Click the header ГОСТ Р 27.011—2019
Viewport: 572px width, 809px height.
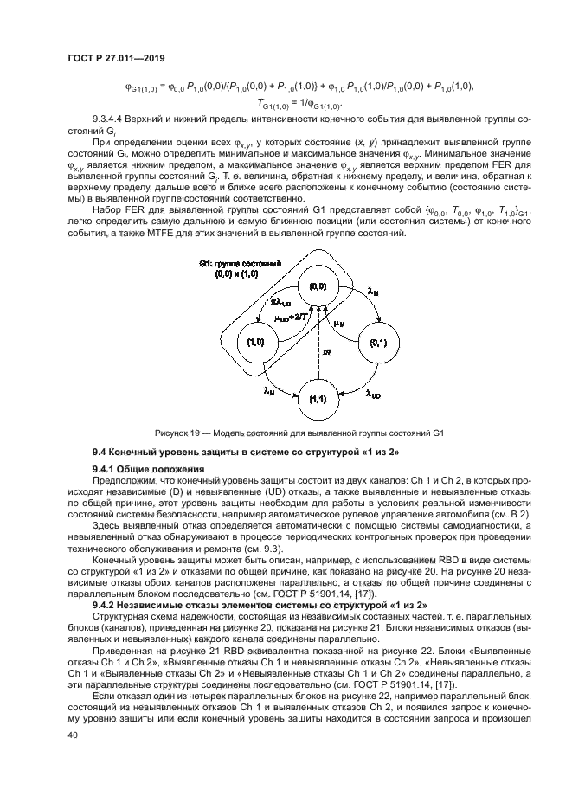115,57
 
